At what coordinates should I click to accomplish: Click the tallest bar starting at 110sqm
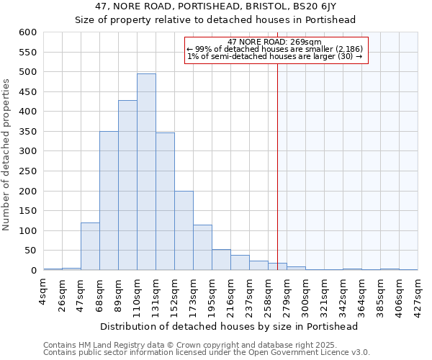[x=146, y=172]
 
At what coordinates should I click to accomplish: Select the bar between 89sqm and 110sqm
[x=127, y=185]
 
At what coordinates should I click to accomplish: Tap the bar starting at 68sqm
[x=109, y=201]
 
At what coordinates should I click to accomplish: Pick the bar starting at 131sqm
[x=165, y=202]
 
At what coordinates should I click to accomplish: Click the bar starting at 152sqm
[x=184, y=230]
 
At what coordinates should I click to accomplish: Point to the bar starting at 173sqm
[x=202, y=248]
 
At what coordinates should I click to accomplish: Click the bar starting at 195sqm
[x=221, y=260]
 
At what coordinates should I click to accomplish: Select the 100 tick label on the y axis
[x=27, y=231]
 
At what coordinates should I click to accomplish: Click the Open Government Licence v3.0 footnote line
[x=207, y=352]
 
